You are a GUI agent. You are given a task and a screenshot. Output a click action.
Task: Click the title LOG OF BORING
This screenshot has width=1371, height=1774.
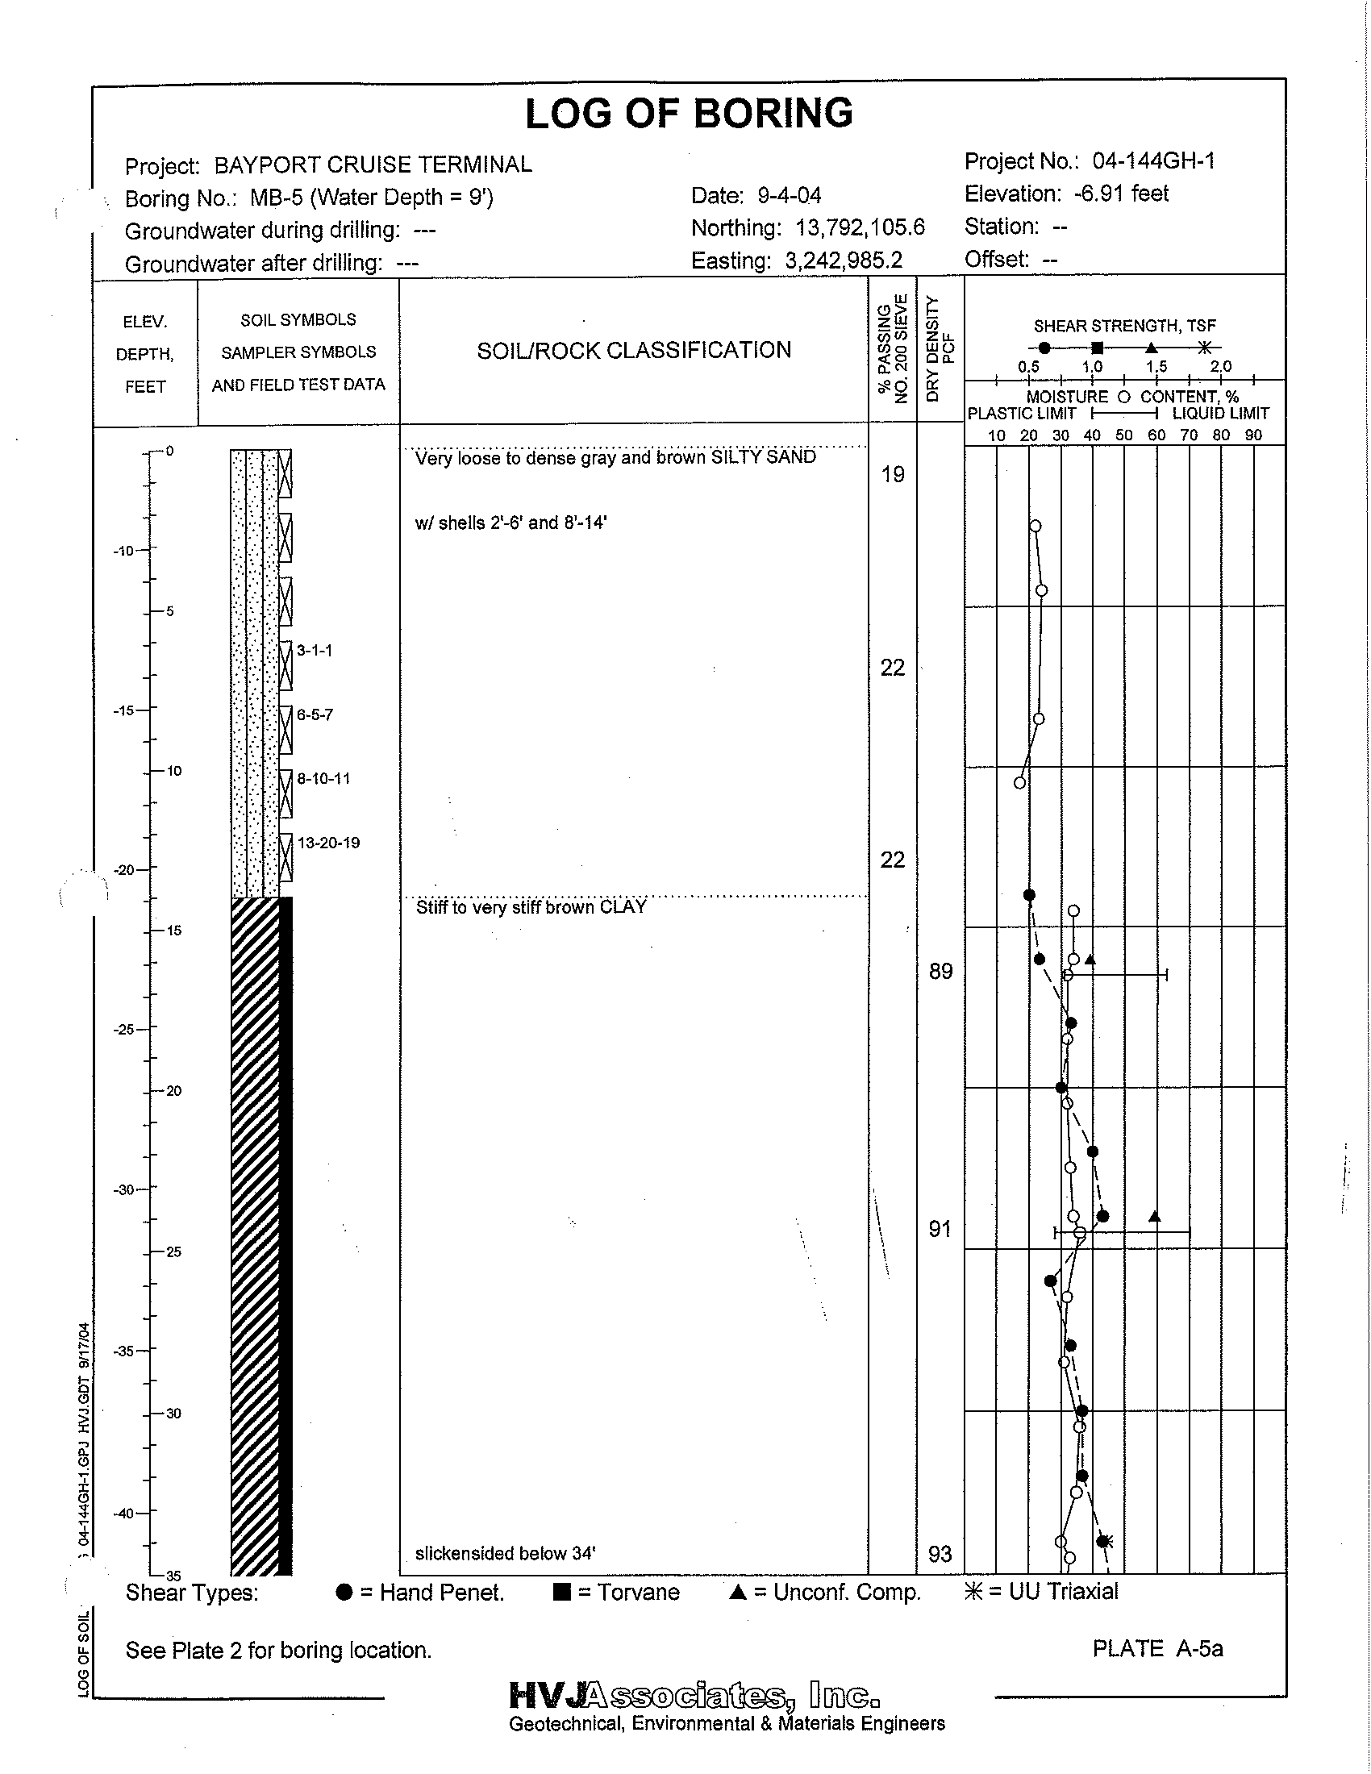tap(689, 113)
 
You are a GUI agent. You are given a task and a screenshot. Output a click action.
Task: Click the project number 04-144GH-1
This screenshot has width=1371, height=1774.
tap(1153, 161)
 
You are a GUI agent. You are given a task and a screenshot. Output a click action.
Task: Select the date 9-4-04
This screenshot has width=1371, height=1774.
tap(789, 196)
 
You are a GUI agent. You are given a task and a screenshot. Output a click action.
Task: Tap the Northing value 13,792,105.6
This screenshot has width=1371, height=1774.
tap(861, 228)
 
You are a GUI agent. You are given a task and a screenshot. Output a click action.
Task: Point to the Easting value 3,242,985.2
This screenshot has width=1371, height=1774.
tap(844, 260)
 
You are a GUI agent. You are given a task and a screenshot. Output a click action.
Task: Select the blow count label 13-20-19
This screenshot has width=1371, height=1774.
tap(328, 843)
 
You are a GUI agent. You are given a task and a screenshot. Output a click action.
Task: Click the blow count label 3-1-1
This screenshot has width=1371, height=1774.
tap(315, 650)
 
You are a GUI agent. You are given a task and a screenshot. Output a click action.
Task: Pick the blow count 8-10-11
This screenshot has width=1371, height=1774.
tap(323, 778)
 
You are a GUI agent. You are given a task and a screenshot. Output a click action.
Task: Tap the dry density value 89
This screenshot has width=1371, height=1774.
tap(940, 972)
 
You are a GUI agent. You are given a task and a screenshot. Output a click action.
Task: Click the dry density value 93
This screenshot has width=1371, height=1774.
tap(940, 1555)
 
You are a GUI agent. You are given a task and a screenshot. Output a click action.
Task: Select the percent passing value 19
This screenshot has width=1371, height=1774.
tap(893, 474)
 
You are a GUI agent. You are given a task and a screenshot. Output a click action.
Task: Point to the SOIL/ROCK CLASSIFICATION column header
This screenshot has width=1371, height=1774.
tap(634, 351)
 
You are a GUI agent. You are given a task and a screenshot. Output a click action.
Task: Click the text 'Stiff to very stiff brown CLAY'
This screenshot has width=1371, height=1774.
tap(531, 907)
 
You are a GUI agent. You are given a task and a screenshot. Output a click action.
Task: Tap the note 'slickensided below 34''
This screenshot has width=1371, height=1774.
tap(505, 1554)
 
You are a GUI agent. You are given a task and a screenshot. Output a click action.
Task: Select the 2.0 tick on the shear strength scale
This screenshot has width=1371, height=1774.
tap(1221, 367)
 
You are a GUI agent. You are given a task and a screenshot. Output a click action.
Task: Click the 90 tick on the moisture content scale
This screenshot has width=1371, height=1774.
tap(1253, 435)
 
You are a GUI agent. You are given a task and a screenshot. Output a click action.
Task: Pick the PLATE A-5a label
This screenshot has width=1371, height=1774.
tap(1157, 1649)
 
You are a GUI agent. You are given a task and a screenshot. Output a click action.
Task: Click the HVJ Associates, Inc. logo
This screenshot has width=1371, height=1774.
tap(694, 1696)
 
